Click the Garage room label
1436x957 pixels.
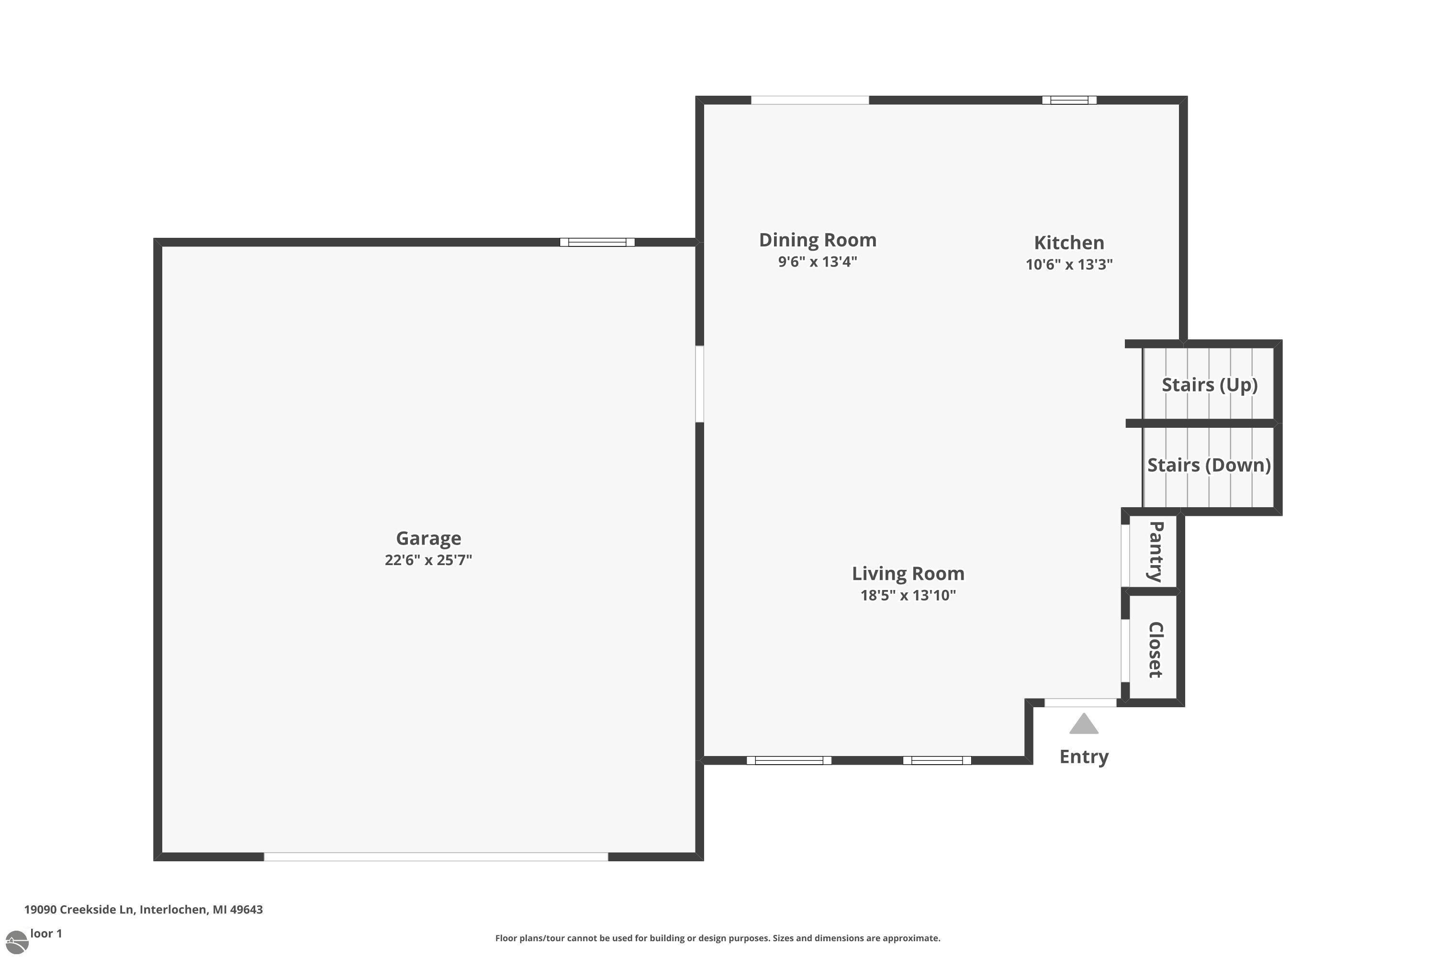[x=428, y=538]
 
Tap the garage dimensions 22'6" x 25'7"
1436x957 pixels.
[x=428, y=560]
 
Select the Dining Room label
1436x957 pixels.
[x=818, y=240]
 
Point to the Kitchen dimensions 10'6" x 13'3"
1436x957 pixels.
[x=1069, y=264]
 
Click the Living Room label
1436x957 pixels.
[x=908, y=574]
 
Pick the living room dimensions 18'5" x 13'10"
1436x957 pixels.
[x=908, y=595]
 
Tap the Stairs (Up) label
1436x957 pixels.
[x=1210, y=385]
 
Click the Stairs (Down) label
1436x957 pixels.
[x=1209, y=465]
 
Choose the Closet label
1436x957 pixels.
[x=1155, y=649]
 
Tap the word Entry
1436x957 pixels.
[x=1084, y=757]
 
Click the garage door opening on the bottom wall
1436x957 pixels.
[x=436, y=857]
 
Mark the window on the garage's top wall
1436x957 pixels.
[x=597, y=242]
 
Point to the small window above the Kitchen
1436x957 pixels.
[x=1069, y=100]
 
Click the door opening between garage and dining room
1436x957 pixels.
[x=700, y=384]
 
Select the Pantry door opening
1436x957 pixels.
[x=1125, y=556]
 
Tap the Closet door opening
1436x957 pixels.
[x=1125, y=651]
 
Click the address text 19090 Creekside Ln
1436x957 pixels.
[x=79, y=910]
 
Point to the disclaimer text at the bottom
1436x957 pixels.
[x=718, y=938]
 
